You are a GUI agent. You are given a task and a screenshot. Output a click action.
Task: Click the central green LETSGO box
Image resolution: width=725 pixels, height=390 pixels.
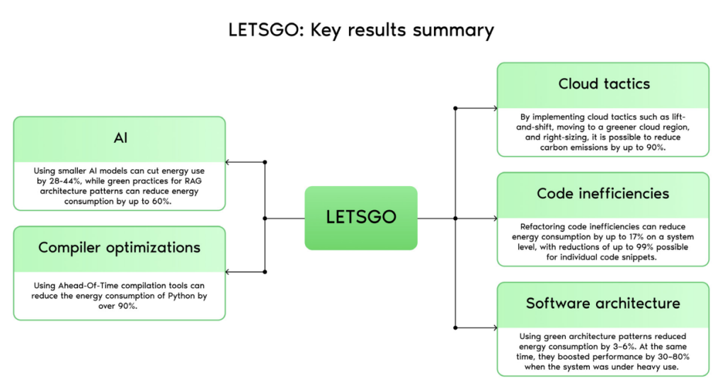click(x=361, y=217)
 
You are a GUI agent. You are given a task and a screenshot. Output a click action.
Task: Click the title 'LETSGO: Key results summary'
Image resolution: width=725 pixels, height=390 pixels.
click(x=361, y=30)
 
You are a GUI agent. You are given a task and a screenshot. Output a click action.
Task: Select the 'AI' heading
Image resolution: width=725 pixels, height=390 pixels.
click(x=120, y=138)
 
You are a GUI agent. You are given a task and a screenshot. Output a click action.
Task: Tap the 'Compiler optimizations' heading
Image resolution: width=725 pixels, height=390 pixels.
click(x=120, y=248)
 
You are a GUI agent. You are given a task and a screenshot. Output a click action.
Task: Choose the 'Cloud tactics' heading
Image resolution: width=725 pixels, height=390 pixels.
click(x=603, y=84)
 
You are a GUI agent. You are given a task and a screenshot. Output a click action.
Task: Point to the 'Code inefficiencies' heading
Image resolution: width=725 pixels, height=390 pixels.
click(x=603, y=193)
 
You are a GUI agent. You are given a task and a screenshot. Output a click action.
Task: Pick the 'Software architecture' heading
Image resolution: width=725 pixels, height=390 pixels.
click(x=603, y=303)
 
